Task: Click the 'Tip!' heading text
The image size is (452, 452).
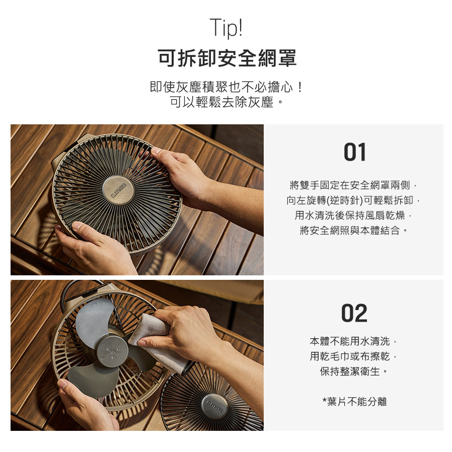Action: (x=227, y=27)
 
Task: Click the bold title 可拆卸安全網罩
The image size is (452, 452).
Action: (x=227, y=58)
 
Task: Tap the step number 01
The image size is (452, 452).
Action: (x=355, y=152)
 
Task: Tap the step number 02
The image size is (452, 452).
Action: (x=354, y=313)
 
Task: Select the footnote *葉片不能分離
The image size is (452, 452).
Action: (x=354, y=401)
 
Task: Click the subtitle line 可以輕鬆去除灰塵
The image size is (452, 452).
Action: (x=227, y=102)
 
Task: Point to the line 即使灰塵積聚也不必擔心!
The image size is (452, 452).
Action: (x=227, y=87)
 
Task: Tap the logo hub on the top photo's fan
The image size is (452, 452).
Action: (x=118, y=190)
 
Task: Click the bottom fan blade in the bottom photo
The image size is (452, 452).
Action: (x=92, y=381)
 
